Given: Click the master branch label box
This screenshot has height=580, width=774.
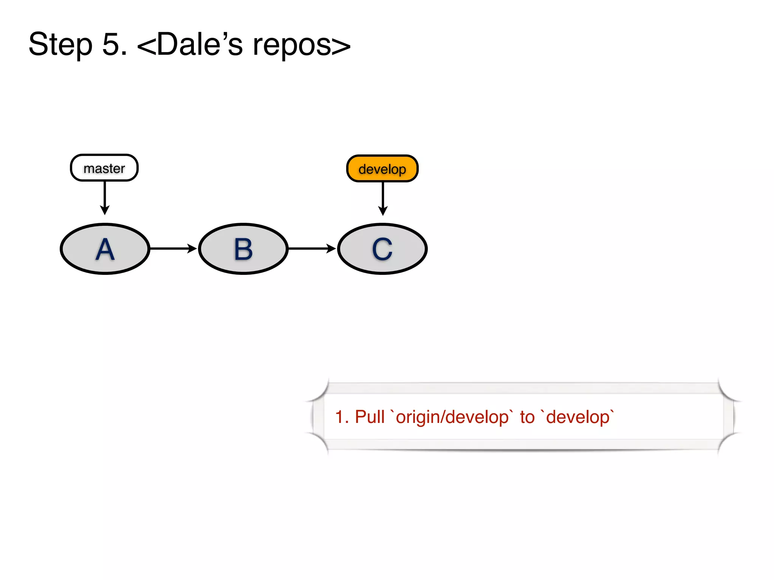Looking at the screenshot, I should click(104, 168).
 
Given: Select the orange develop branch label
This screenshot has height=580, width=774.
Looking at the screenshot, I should click(382, 169).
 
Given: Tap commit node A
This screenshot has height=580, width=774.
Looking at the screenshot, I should click(105, 249).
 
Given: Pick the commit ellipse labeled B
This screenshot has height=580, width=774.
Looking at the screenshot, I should click(243, 249).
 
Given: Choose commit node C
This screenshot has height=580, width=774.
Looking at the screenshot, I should click(382, 249).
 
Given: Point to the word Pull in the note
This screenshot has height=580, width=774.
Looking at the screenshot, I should click(370, 417).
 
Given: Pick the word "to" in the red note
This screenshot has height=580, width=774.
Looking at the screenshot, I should click(527, 417).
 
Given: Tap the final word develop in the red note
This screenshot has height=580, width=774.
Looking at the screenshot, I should click(578, 417).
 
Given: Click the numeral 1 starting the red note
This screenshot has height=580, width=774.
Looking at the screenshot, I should click(340, 417).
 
